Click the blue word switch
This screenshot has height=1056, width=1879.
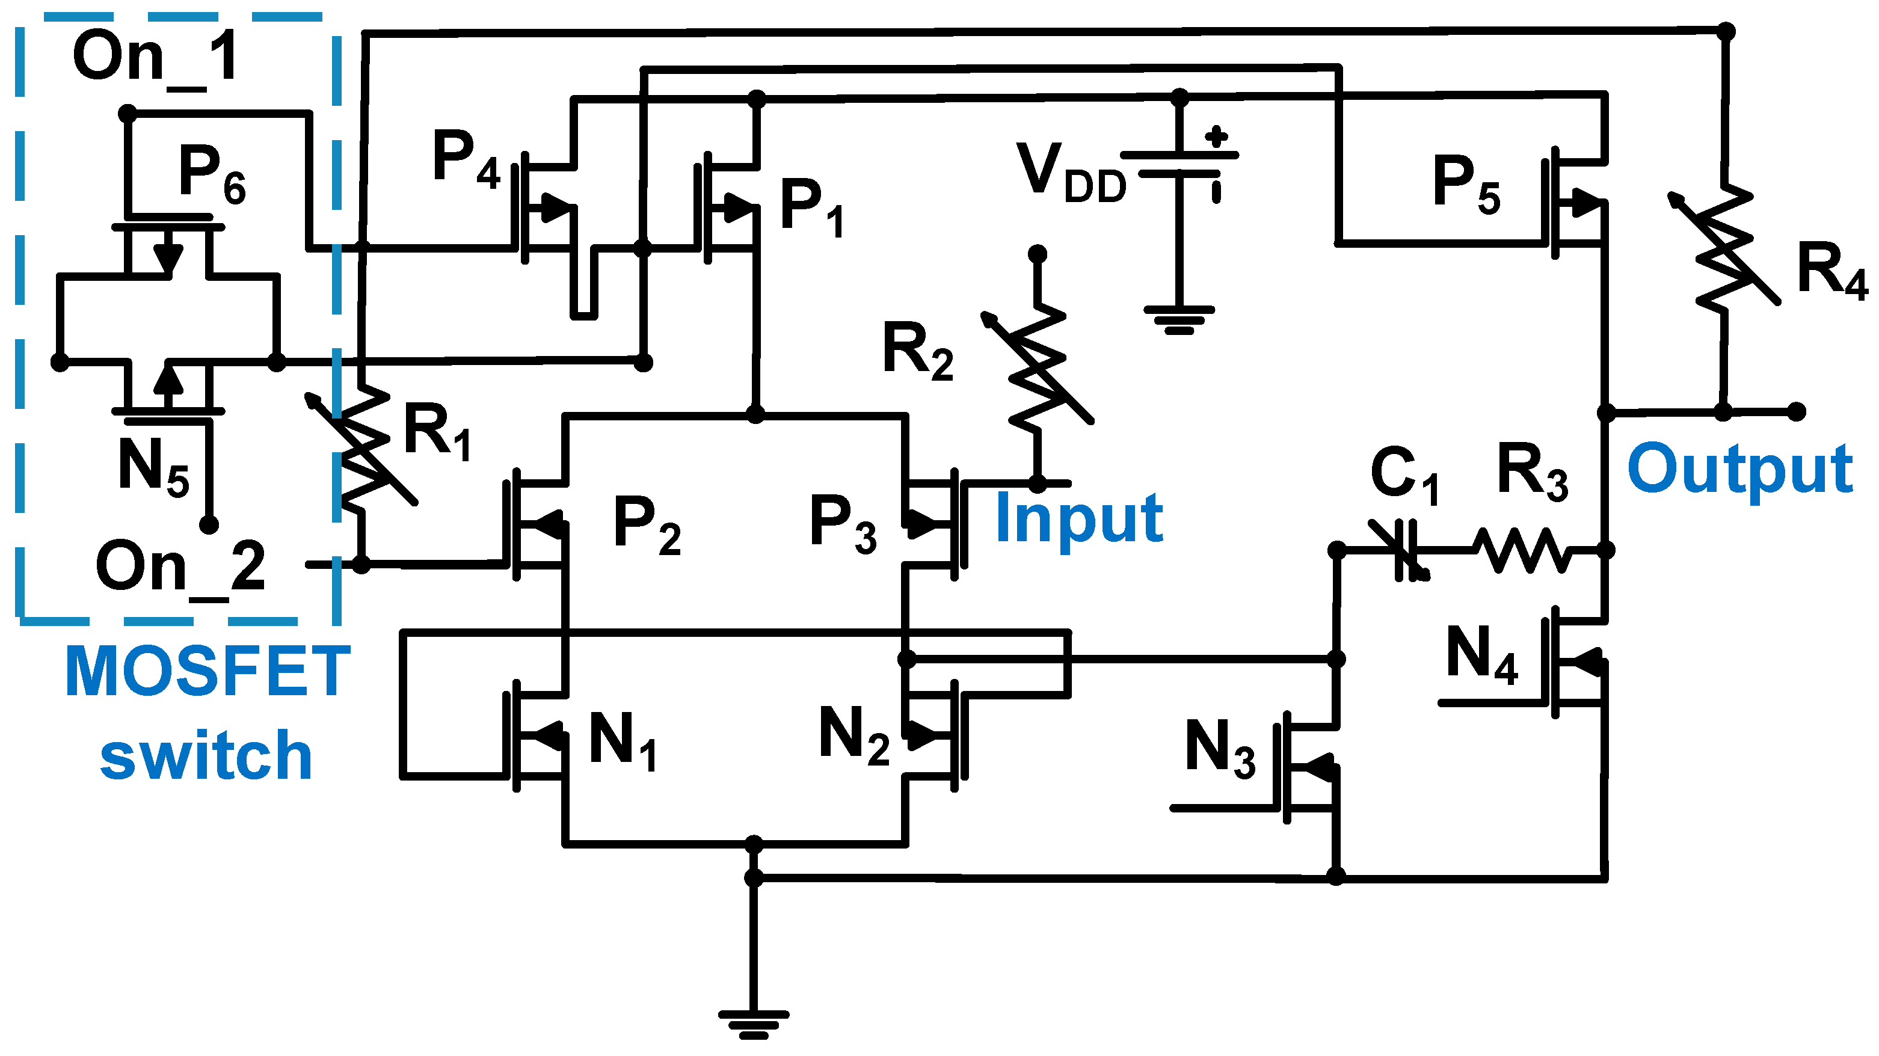(206, 755)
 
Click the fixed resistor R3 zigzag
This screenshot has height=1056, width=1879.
(1521, 551)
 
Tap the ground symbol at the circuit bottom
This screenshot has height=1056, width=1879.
(754, 1023)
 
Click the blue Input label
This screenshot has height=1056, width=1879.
(1079, 519)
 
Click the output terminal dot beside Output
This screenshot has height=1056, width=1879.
(1797, 412)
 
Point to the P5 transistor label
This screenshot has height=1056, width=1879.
(1466, 184)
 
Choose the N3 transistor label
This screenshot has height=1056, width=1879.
(1220, 748)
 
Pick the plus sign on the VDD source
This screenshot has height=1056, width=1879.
(1216, 137)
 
